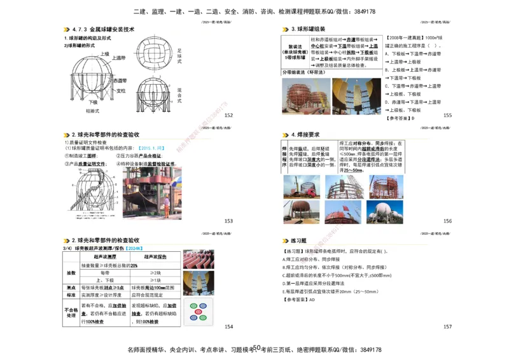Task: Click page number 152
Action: pyautogui.click(x=228, y=115)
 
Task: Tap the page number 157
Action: pyautogui.click(x=447, y=326)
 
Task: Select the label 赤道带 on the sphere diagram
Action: pyautogui.click(x=120, y=81)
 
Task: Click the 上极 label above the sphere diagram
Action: pyautogui.click(x=105, y=53)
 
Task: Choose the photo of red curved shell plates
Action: pyautogui.click(x=198, y=259)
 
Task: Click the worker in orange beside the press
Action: pyautogui.click(x=167, y=205)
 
